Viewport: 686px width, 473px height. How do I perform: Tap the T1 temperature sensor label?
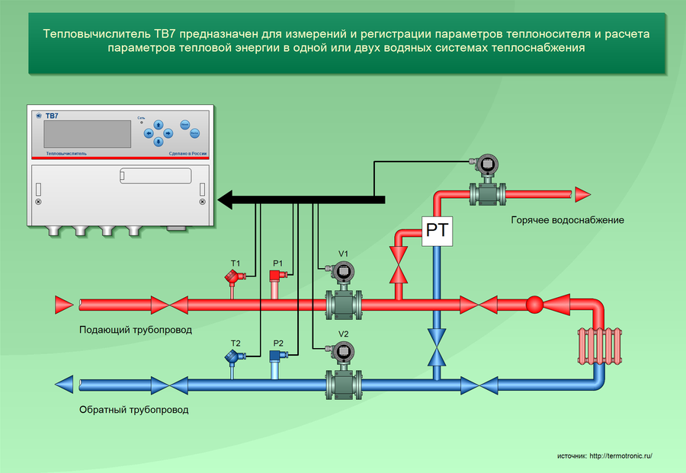click(x=236, y=264)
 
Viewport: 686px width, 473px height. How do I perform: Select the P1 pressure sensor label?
click(x=277, y=264)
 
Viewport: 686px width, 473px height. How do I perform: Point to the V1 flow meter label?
click(x=343, y=254)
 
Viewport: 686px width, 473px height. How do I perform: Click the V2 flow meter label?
click(x=343, y=334)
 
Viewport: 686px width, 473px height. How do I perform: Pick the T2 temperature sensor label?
click(x=236, y=344)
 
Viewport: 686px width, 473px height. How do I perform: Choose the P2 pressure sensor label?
click(x=277, y=344)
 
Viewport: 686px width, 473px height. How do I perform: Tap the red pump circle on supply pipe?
click(x=534, y=305)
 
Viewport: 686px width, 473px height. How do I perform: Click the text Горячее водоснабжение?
click(x=568, y=220)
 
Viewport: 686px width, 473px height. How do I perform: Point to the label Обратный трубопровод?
click(x=133, y=409)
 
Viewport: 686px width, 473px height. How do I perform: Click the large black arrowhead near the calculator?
click(x=229, y=200)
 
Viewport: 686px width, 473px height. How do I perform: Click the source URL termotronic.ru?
click(x=621, y=455)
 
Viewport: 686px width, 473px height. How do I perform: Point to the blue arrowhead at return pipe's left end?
click(x=65, y=384)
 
